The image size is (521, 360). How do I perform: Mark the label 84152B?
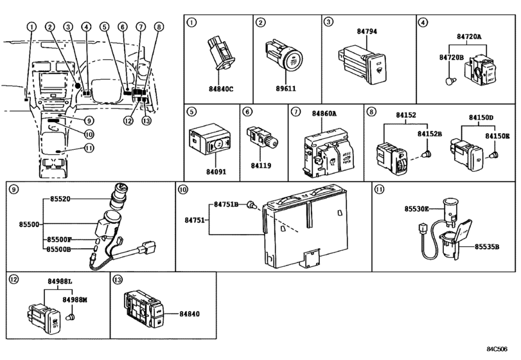(x=429, y=134)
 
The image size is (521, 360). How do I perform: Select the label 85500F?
(x=59, y=239)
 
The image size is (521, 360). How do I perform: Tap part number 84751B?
(x=227, y=204)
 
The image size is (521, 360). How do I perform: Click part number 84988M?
(x=75, y=299)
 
